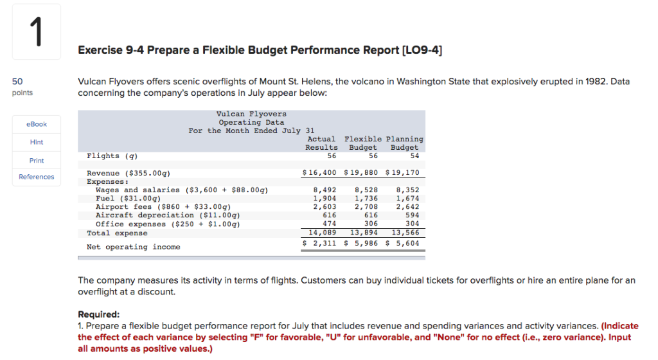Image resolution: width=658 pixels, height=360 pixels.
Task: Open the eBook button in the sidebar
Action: [x=36, y=124]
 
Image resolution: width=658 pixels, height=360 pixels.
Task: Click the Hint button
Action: [x=36, y=142]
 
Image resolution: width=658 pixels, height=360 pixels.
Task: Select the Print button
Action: [x=36, y=160]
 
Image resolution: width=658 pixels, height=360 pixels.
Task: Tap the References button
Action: [x=36, y=177]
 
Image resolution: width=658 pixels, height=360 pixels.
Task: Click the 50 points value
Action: [x=18, y=82]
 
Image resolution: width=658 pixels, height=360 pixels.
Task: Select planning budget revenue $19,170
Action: [x=403, y=173]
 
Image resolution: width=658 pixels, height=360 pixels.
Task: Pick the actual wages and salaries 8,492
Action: [x=326, y=190]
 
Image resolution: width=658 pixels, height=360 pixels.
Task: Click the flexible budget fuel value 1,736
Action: [x=366, y=199]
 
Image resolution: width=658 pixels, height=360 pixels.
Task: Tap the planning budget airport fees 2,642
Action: [x=408, y=207]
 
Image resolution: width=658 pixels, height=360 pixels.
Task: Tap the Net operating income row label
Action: [x=134, y=247]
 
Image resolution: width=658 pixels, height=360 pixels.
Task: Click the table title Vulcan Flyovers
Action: [x=252, y=114]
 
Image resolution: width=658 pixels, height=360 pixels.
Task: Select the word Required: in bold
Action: [x=99, y=314]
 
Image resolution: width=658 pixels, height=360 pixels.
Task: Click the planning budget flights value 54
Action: [x=414, y=156]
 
